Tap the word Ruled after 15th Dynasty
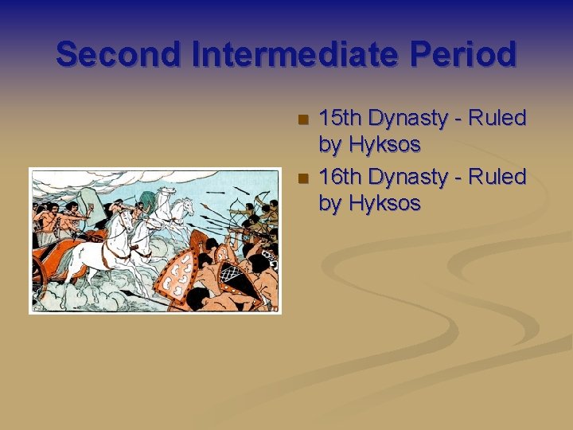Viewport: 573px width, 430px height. [x=497, y=119]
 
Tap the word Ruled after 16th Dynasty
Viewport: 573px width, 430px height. [x=497, y=177]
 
